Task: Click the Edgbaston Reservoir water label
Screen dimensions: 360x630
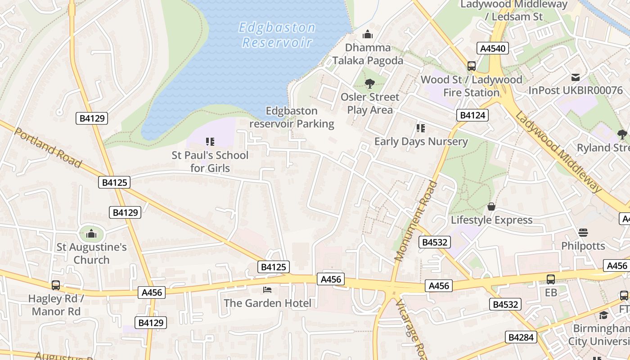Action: (277, 35)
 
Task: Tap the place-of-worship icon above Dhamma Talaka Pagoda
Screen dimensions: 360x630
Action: (368, 34)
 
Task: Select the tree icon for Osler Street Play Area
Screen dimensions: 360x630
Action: (370, 83)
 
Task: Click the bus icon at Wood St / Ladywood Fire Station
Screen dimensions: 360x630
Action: (471, 66)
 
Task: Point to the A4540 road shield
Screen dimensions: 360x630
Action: (493, 49)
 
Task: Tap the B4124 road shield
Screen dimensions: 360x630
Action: (472, 115)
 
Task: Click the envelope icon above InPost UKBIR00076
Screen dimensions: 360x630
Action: (576, 77)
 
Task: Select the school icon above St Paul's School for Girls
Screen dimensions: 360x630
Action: (210, 142)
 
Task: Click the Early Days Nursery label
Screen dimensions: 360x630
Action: (421, 141)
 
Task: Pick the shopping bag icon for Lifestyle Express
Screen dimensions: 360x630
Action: (491, 207)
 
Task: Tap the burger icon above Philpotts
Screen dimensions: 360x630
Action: (583, 233)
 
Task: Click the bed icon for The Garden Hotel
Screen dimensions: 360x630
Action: (267, 290)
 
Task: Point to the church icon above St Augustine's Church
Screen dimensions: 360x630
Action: (91, 234)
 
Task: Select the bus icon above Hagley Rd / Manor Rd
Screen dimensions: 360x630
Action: (56, 285)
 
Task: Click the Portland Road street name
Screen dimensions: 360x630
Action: (48, 147)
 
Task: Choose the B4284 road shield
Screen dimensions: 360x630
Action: (521, 337)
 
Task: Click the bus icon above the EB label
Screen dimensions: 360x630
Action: (551, 279)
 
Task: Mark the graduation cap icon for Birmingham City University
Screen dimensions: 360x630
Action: (603, 315)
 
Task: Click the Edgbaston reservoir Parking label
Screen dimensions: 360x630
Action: (292, 117)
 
